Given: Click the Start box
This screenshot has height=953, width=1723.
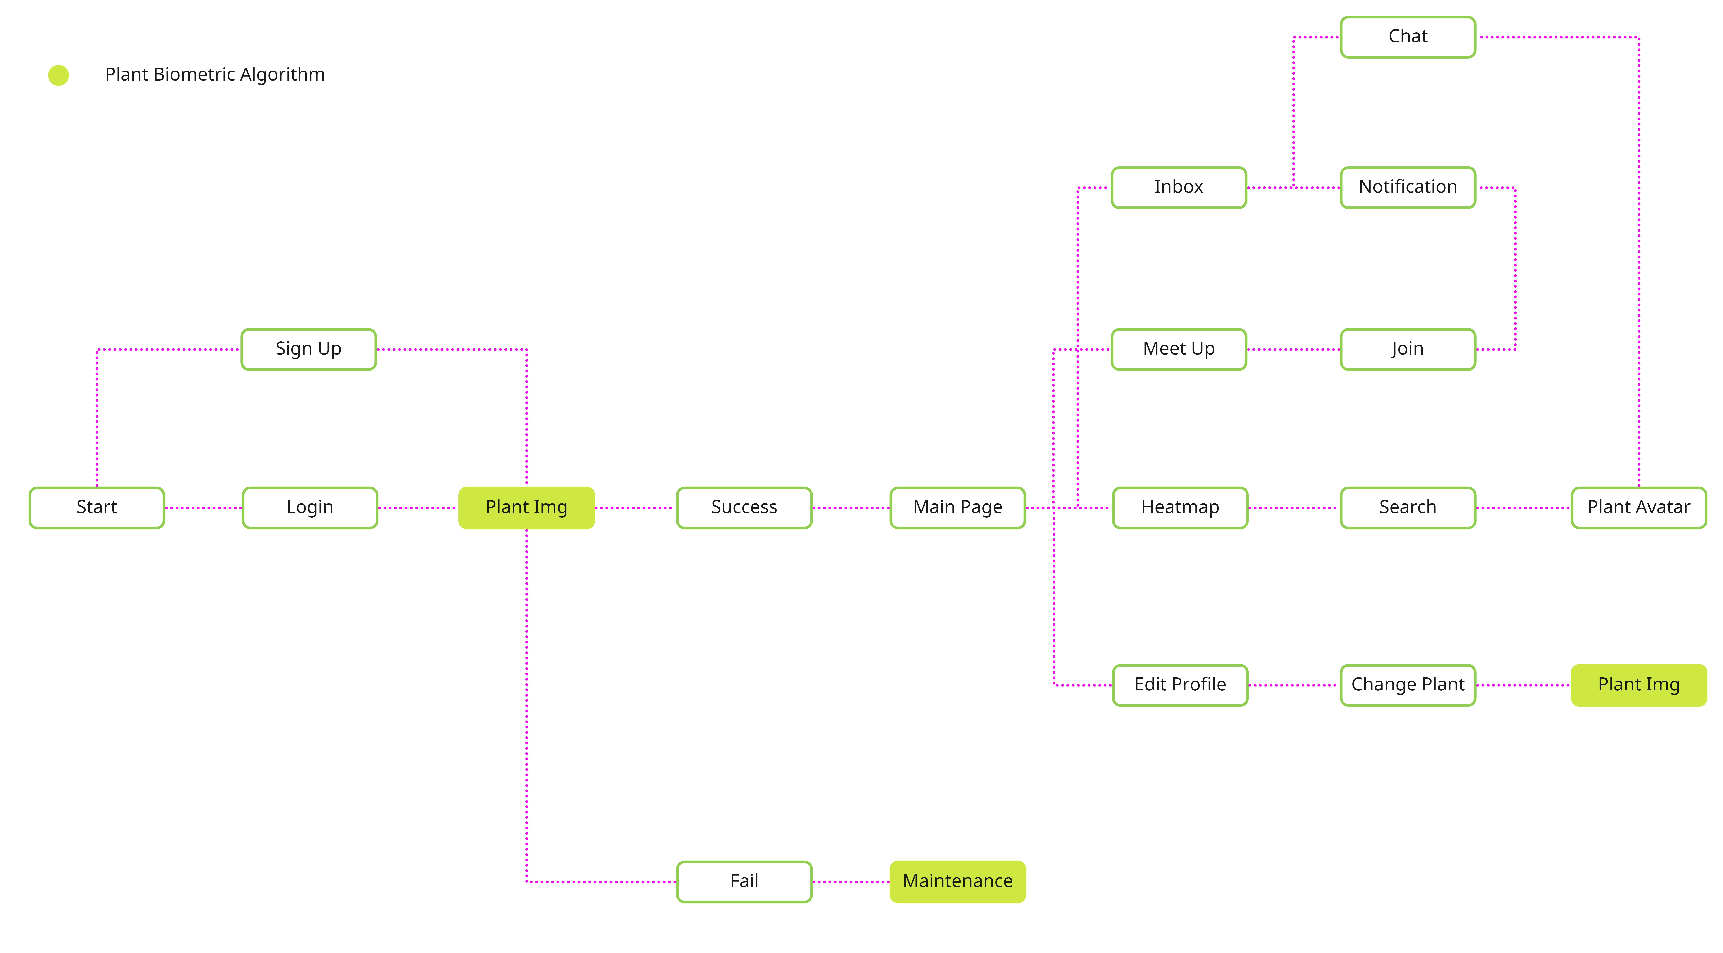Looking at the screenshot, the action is (97, 508).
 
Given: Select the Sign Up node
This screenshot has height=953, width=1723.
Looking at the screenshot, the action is (308, 349).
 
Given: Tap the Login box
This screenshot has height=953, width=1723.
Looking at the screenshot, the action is (310, 508).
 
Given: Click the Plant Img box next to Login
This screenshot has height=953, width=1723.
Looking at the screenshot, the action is (526, 508).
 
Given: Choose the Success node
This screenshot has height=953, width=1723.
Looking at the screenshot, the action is (744, 508).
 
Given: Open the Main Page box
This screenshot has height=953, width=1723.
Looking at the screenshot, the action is (958, 508).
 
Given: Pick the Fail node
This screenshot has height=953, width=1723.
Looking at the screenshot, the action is (744, 881).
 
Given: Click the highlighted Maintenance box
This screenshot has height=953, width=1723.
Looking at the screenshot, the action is (958, 881).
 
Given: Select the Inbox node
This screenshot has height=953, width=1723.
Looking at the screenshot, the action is (1179, 187).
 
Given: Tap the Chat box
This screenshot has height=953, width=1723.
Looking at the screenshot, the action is (1408, 37).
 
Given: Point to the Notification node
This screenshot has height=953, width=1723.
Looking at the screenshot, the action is (1408, 187).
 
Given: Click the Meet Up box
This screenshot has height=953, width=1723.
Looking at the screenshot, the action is (1179, 349).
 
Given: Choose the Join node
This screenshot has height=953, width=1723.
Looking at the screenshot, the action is (1408, 349).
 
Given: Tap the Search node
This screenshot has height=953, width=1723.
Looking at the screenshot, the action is (1408, 508).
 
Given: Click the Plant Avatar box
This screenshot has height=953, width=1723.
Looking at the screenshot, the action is (1639, 508).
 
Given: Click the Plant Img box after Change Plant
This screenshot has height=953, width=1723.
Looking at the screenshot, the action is (1639, 685).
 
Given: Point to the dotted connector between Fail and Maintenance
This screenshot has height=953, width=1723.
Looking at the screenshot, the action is (851, 881).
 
